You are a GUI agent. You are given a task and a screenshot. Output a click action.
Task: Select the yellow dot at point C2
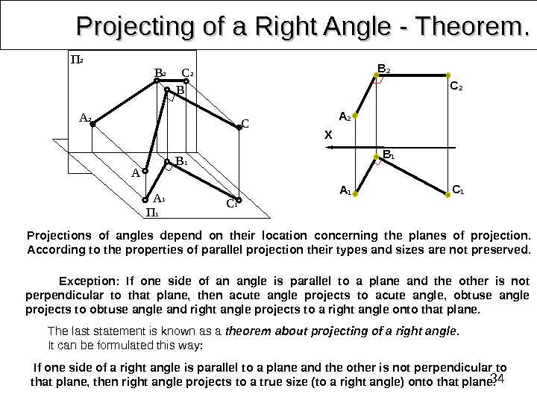(448, 75)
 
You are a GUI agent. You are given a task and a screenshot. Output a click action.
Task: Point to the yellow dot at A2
(356, 116)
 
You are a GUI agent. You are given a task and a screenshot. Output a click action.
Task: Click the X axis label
(327, 135)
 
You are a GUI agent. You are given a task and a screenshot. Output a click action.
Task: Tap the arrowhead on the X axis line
(337, 148)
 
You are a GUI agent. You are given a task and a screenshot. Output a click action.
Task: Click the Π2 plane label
(76, 58)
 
